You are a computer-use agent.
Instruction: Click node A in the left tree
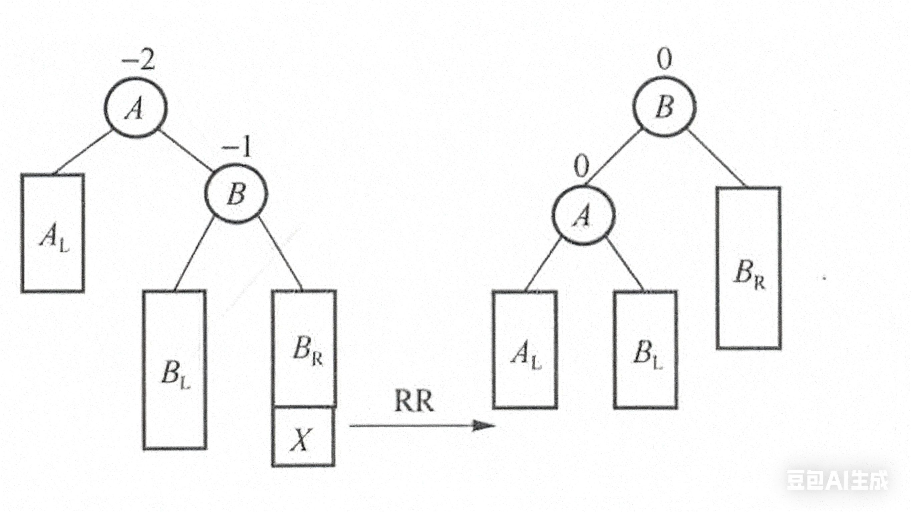(x=135, y=107)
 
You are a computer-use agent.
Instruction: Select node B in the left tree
(x=236, y=194)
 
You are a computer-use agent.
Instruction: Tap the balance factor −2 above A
(x=138, y=61)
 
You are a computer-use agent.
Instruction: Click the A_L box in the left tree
(x=53, y=233)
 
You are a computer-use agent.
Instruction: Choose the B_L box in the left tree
(x=175, y=370)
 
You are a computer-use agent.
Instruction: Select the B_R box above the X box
(x=304, y=349)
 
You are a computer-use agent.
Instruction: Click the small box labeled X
(x=303, y=437)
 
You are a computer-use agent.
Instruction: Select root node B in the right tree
(x=664, y=107)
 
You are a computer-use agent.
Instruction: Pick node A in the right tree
(x=584, y=215)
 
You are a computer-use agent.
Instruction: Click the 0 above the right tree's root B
(x=664, y=59)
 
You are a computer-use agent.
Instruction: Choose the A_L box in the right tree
(x=526, y=350)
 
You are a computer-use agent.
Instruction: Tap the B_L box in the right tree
(x=646, y=350)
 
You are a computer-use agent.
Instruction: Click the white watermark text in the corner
(x=837, y=480)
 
